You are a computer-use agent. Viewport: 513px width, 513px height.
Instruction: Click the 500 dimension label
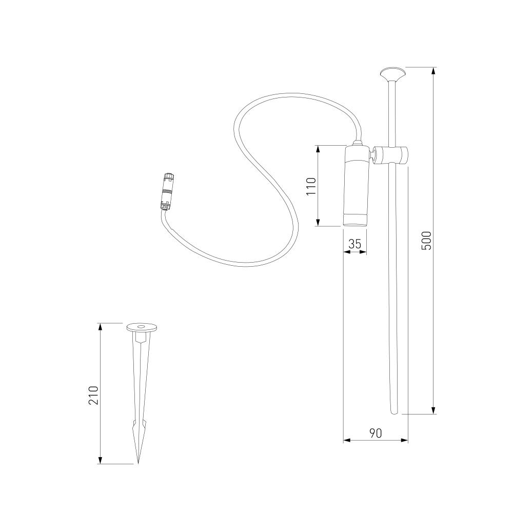click(x=426, y=241)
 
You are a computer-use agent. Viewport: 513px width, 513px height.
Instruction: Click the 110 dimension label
click(x=311, y=186)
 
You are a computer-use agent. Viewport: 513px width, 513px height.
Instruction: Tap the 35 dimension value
click(x=354, y=244)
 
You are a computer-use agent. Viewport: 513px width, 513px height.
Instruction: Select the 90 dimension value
click(x=376, y=433)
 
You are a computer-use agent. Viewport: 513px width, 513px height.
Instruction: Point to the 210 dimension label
click(x=93, y=395)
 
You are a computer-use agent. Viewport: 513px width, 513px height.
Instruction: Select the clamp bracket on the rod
click(x=391, y=155)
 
